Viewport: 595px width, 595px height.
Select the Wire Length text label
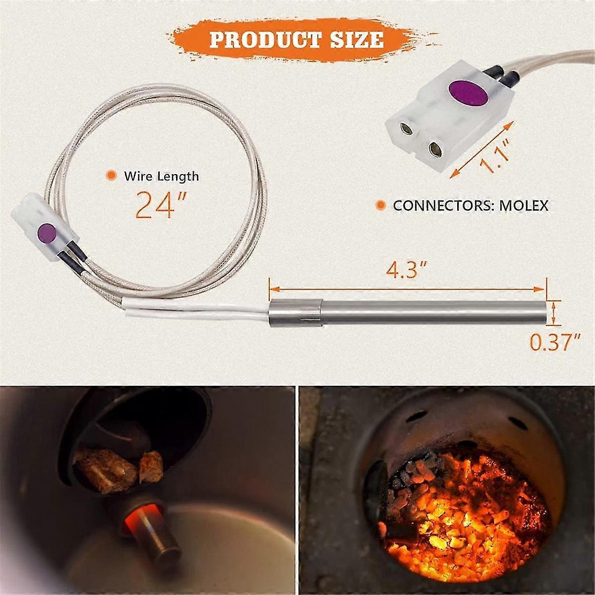[161, 176]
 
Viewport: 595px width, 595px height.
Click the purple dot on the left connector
[46, 231]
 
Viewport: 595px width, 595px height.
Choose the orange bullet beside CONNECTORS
[381, 205]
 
